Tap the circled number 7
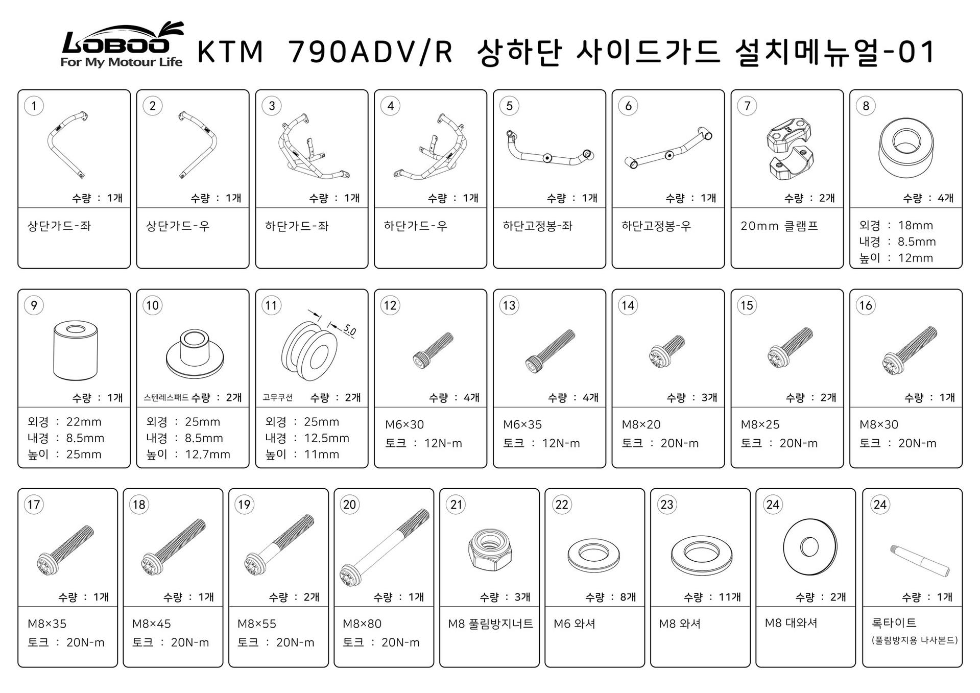point(747,106)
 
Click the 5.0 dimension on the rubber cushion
point(349,330)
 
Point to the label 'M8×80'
point(362,624)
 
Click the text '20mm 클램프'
point(779,226)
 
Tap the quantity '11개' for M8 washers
point(730,597)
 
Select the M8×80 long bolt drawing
point(384,547)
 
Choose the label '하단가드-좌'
point(297,226)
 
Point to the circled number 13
point(509,305)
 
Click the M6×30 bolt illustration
point(433,350)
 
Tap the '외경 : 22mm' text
point(64,422)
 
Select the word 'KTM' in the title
point(230,52)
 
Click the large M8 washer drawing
point(810,547)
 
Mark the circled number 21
point(456,505)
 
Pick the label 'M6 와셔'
point(575,624)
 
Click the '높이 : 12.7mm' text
point(188,454)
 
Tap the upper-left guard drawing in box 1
point(68,144)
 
